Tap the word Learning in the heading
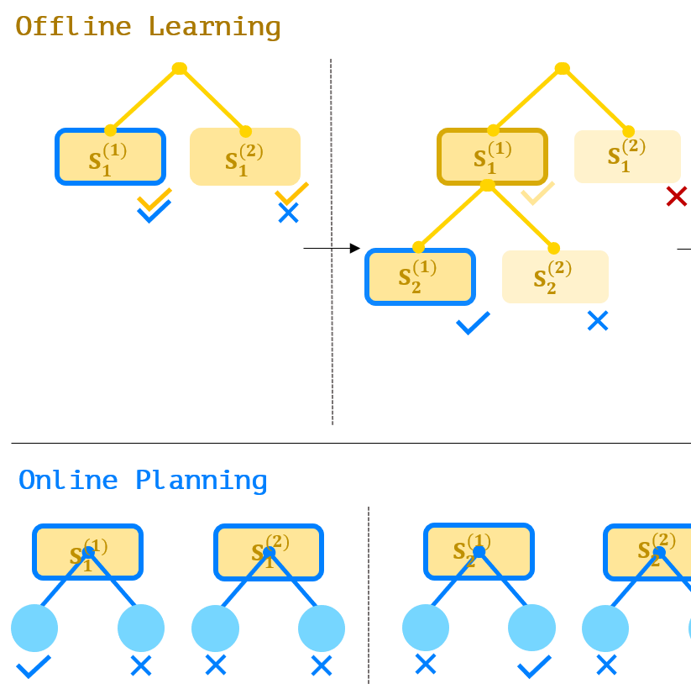214,27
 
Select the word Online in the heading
68,481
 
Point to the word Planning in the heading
202,481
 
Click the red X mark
676,197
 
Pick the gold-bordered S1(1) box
493,157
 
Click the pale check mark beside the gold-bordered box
538,194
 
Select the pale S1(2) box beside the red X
627,156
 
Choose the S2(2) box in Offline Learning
555,276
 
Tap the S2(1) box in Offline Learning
420,276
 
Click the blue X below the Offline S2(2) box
598,320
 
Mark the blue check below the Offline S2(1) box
473,323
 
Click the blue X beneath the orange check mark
288,213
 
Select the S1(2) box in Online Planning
269,552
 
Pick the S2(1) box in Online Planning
479,551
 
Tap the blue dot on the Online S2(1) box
479,551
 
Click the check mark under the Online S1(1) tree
34,667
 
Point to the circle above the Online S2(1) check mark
531,628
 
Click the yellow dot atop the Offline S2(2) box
553,248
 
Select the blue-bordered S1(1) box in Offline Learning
111,157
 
